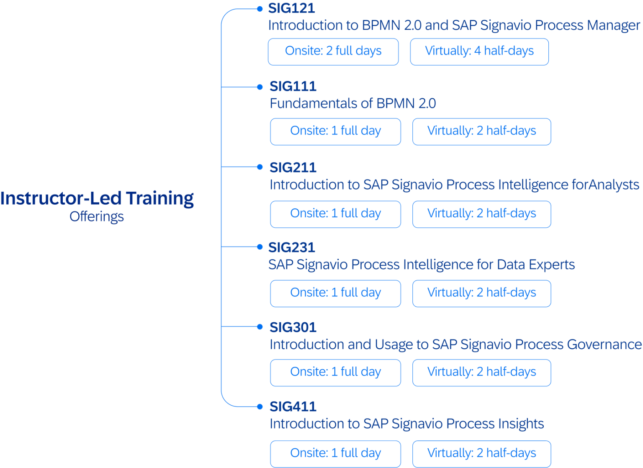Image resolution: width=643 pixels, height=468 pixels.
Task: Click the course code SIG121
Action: [291, 8]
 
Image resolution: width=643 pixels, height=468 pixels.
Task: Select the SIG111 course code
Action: [293, 87]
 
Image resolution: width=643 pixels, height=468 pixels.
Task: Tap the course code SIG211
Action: [293, 167]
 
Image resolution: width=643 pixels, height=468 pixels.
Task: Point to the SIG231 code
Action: [291, 247]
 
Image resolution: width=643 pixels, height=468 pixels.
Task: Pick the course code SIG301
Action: [293, 327]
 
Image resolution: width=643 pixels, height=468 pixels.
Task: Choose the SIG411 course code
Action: [293, 406]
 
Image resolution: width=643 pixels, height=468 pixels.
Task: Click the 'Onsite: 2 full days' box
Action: [333, 51]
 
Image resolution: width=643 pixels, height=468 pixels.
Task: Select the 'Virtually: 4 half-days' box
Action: [479, 51]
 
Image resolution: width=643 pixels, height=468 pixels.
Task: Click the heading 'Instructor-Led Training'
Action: [97, 198]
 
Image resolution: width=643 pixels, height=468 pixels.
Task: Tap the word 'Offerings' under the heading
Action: [97, 217]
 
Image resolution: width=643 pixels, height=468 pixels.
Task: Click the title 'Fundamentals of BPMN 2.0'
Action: [352, 103]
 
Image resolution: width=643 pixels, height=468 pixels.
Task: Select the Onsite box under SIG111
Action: [335, 131]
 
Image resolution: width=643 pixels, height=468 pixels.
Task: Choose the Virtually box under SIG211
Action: [481, 214]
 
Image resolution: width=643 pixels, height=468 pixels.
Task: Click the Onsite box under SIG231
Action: [335, 293]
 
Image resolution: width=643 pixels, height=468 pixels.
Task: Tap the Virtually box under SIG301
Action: [481, 372]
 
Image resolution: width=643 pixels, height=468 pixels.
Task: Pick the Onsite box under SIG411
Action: [335, 453]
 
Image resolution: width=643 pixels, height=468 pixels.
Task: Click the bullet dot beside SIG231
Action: [260, 247]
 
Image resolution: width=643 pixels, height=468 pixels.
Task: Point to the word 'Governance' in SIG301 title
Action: [604, 345]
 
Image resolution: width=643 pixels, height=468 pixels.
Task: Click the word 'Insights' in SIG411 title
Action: [520, 424]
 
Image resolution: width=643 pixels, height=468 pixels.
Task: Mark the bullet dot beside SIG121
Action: [260, 8]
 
